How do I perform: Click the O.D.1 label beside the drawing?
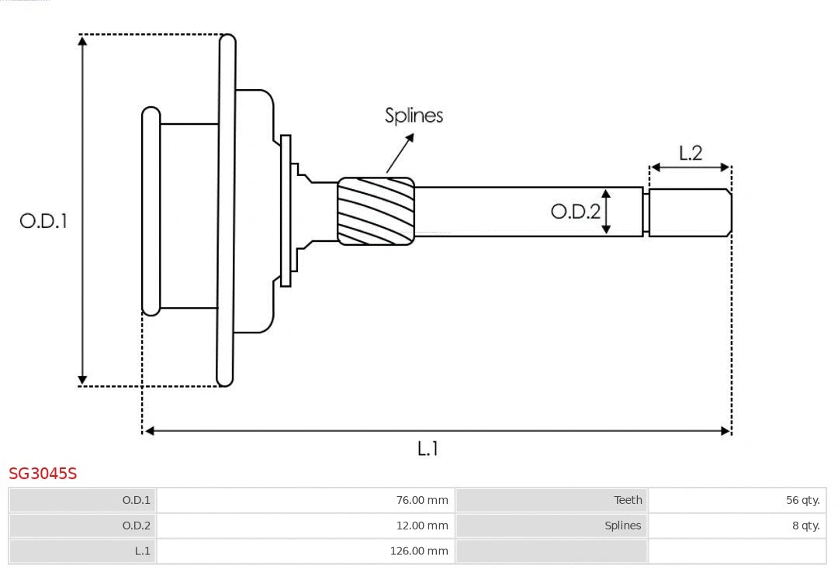pos(43,221)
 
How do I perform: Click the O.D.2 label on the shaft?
pos(575,211)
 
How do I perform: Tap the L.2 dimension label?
pos(690,153)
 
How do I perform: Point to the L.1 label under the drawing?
pos(428,448)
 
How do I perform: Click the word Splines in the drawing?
pos(414,116)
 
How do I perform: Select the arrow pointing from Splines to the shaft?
pos(400,153)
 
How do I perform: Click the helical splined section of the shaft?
pos(376,211)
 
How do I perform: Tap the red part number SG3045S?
pos(43,474)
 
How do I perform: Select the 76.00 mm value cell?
pos(306,500)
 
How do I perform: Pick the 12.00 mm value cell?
pos(306,526)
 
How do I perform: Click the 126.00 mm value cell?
pos(306,551)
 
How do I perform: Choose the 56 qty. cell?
pos(736,500)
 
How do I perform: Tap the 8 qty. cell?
pos(736,526)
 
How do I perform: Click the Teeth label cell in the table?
pos(552,500)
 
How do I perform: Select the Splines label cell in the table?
pos(552,526)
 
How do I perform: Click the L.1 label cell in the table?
pos(83,551)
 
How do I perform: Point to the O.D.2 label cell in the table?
pos(83,526)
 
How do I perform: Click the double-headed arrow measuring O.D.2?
pos(607,211)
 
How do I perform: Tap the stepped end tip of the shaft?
pos(690,212)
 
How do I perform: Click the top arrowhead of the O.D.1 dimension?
pos(83,40)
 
